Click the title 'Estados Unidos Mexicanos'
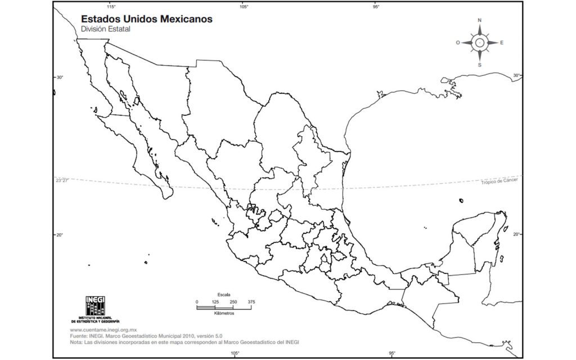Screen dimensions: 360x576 pos(147,19)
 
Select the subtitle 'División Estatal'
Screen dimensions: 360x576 pos(106,29)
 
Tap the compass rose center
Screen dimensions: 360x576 pos(480,42)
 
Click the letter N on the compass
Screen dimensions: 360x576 pos(480,20)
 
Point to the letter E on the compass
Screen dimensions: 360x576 pos(502,43)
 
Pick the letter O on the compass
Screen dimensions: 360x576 pos(458,43)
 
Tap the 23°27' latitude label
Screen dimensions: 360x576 pos(62,181)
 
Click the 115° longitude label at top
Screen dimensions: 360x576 pos(111,7)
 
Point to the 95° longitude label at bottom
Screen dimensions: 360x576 pos(392,353)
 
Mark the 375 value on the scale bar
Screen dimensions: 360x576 pos(251,302)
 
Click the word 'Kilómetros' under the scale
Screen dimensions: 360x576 pos(224,313)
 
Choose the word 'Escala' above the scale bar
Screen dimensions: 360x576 pos(224,295)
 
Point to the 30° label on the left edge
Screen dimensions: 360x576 pos(59,77)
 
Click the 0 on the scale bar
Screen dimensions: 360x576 pos(197,302)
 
